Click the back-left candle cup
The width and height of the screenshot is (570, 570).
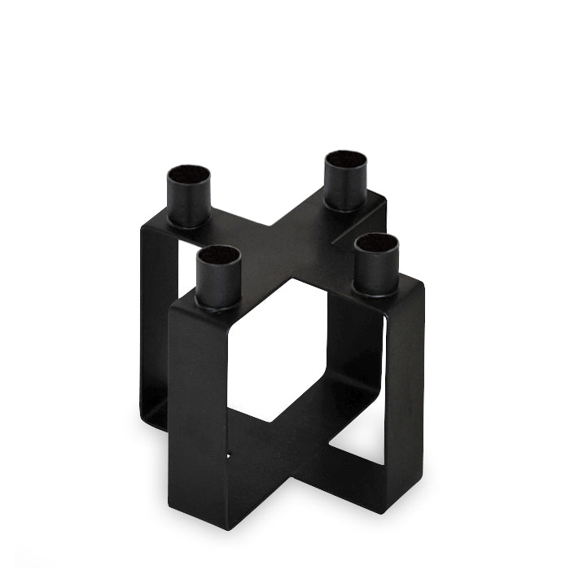point(189,199)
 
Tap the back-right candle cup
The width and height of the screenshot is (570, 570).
point(346,183)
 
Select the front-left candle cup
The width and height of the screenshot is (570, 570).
point(219,281)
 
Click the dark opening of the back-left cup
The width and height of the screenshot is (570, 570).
point(189,175)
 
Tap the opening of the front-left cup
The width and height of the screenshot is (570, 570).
point(219,256)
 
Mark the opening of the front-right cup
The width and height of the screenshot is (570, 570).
point(377,242)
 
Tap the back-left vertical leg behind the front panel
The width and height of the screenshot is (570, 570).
point(155,326)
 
